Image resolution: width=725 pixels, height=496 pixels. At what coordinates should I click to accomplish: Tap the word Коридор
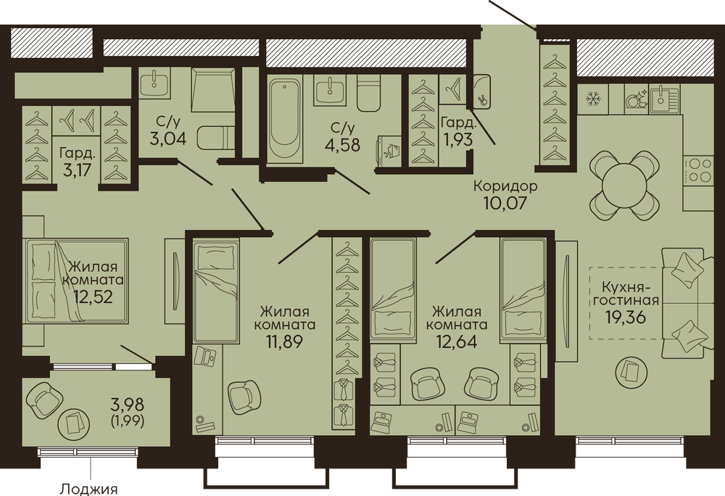[x=505, y=186]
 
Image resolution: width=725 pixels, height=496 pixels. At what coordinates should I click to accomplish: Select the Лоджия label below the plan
[x=89, y=489]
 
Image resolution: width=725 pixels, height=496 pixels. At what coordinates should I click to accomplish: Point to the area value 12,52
[x=93, y=297]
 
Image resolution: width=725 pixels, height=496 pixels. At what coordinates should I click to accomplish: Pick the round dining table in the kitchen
[x=625, y=185]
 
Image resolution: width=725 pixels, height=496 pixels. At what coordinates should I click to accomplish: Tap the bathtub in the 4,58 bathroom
[x=285, y=119]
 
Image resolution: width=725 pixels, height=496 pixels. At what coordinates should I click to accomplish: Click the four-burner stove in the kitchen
[x=700, y=170]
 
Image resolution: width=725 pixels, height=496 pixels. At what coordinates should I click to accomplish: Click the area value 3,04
[x=168, y=138]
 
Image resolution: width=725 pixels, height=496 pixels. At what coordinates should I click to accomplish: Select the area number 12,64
[x=457, y=341]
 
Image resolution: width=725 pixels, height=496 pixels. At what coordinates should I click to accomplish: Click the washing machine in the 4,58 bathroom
[x=389, y=150]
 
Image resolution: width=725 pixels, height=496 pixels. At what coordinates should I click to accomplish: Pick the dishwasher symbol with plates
[x=635, y=99]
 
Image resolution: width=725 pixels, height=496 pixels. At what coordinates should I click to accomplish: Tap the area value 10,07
[x=505, y=202]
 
